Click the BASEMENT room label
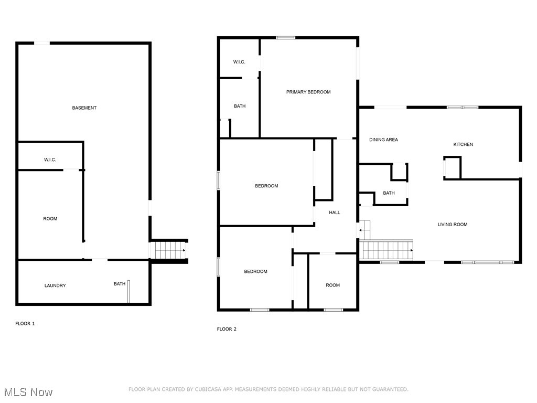[84, 108]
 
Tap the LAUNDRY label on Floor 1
[55, 286]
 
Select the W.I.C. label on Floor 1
[50, 160]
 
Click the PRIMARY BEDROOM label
[308, 92]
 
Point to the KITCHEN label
[463, 145]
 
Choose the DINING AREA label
[383, 140]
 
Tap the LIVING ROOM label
[453, 225]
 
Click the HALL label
[335, 213]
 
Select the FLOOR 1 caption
[25, 324]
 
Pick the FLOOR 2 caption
[227, 330]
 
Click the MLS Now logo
[28, 392]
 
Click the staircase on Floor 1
[169, 250]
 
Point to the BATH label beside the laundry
[120, 284]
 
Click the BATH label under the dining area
[389, 193]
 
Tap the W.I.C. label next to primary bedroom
[239, 62]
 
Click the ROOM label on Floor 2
[332, 285]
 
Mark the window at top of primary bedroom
[286, 38]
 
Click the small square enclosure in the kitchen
[452, 168]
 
